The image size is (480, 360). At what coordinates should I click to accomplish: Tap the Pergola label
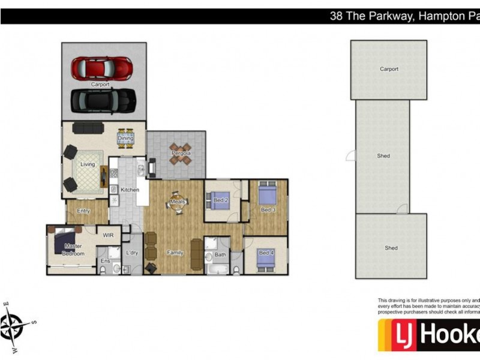click(x=181, y=154)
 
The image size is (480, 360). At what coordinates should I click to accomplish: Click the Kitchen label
click(x=130, y=190)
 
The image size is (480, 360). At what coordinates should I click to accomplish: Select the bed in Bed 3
click(x=267, y=196)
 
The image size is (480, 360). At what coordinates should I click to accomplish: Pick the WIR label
click(x=109, y=236)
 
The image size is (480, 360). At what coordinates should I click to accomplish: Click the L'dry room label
click(x=132, y=253)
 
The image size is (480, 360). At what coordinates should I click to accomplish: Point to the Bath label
click(x=220, y=254)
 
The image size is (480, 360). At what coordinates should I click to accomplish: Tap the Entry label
click(x=83, y=211)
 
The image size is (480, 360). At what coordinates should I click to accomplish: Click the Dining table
click(x=125, y=139)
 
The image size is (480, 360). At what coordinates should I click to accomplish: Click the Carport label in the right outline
click(x=389, y=69)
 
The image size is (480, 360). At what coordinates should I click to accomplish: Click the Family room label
click(x=175, y=253)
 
